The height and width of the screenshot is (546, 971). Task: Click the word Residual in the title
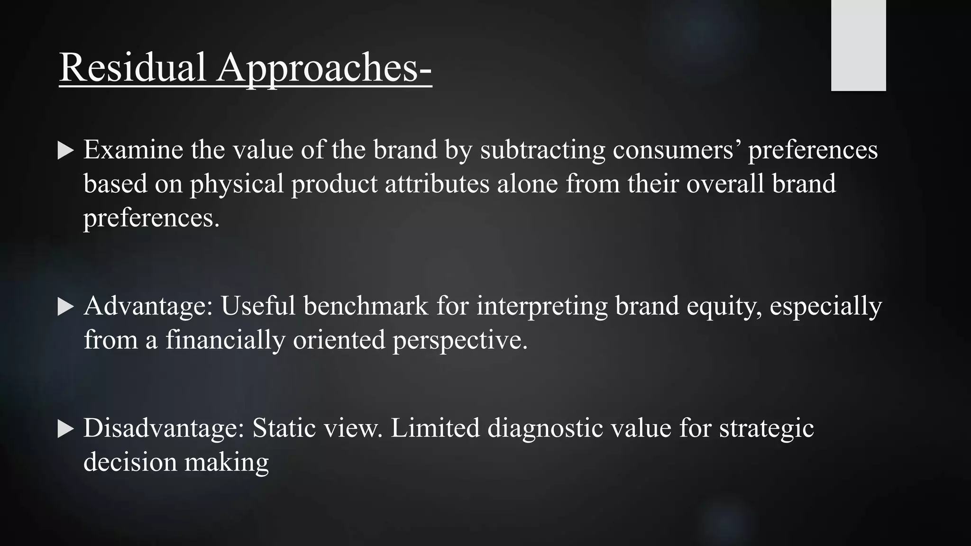[132, 67]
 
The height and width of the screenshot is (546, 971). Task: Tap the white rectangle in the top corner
[858, 45]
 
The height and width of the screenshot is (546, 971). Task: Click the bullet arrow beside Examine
[66, 151]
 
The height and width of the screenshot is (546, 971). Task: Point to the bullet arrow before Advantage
[66, 307]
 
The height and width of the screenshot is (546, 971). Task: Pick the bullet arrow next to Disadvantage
[66, 429]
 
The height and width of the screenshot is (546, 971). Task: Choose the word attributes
[437, 184]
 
